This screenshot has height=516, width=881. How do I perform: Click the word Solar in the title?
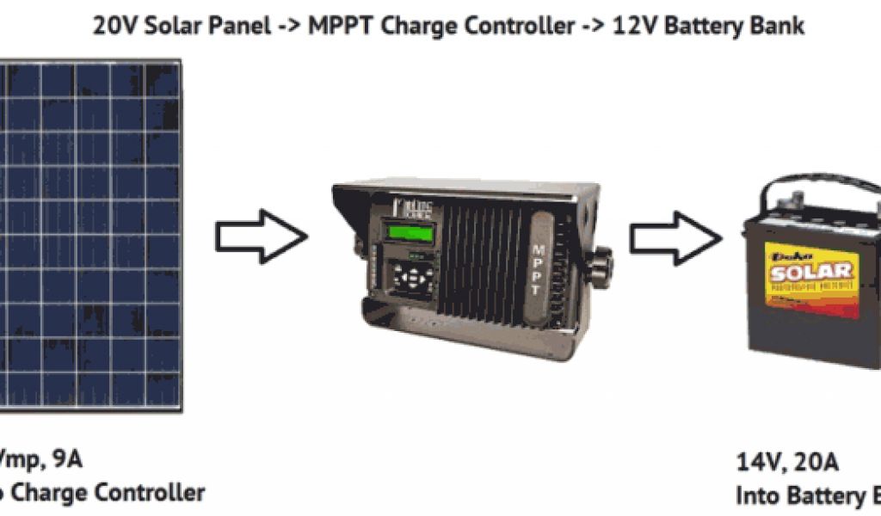pyautogui.click(x=165, y=26)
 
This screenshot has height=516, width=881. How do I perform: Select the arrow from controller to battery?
pyautogui.click(x=675, y=236)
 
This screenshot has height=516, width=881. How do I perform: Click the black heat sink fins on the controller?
pyautogui.click(x=482, y=258)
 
